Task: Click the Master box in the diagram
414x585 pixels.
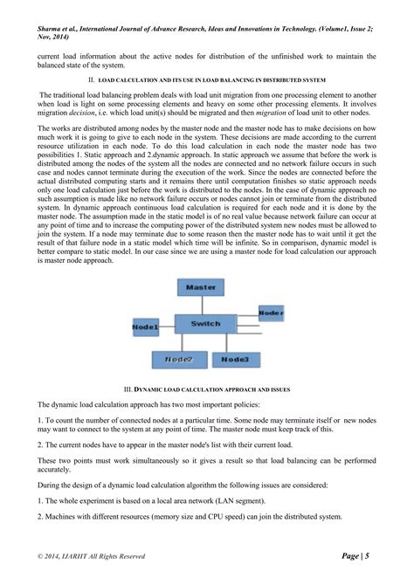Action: pos(200,286)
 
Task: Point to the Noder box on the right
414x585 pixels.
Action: pos(271,312)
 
